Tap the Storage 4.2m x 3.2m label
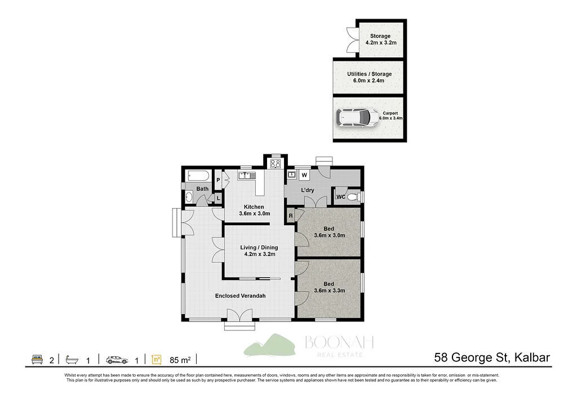(380, 39)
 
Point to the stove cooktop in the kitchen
(276, 164)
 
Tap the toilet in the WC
(353, 196)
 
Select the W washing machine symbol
(303, 175)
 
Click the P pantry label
(218, 180)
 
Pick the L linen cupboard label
(218, 198)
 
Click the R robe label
(291, 216)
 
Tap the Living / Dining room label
(259, 251)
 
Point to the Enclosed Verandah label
(240, 296)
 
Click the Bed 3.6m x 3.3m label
(329, 287)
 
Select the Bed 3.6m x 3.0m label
(329, 232)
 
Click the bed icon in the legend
(37, 359)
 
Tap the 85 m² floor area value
(180, 359)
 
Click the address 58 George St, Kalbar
(492, 357)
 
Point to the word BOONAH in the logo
(339, 342)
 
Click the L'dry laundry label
(308, 190)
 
